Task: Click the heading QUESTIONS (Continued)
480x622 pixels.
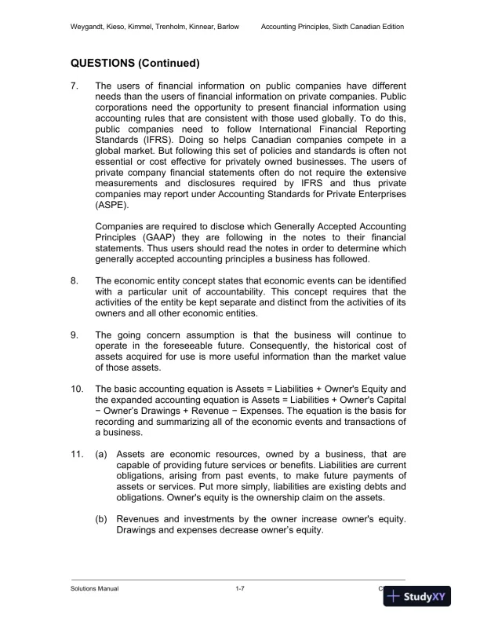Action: coord(135,63)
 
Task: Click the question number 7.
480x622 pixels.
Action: coord(75,86)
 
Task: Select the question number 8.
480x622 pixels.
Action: coord(75,279)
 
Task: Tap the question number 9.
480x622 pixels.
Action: coord(75,335)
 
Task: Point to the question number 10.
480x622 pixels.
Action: coord(78,390)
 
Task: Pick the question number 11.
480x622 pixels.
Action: coord(78,455)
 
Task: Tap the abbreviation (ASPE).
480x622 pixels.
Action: coord(111,205)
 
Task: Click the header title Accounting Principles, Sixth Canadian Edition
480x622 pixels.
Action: coord(333,27)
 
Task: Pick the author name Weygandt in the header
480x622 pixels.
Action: coord(89,27)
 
